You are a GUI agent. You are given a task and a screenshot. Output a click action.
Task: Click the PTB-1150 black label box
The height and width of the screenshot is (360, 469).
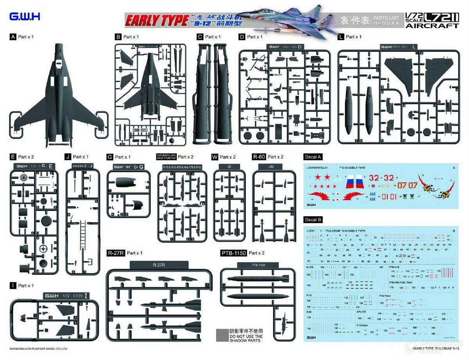(x=233, y=253)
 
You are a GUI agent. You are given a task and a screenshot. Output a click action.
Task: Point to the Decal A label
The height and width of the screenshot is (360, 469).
(x=313, y=157)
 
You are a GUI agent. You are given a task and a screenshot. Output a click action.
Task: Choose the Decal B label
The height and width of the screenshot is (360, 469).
(x=313, y=220)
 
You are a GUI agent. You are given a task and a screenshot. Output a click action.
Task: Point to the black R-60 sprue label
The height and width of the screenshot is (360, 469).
(x=259, y=157)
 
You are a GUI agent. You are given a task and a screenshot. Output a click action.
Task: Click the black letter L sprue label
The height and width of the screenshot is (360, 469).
(x=342, y=37)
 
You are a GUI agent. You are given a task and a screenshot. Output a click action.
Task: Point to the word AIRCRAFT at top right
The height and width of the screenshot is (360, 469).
(x=432, y=26)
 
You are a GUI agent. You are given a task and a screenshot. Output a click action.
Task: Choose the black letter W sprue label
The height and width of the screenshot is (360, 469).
(x=214, y=157)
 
